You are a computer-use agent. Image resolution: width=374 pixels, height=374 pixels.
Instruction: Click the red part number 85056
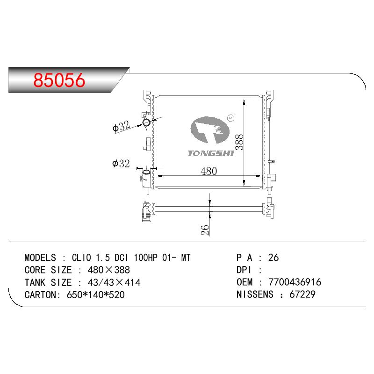[x=59, y=80]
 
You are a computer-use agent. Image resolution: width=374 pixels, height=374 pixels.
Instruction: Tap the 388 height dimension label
[x=239, y=142]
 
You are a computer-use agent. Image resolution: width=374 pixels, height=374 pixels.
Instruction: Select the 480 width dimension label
[x=209, y=171]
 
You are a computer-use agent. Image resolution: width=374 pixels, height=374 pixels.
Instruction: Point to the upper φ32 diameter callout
[x=121, y=126]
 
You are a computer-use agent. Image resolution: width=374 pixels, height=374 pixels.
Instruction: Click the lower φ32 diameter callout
[x=121, y=164]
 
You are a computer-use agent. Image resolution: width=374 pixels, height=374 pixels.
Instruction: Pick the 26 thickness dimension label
[x=205, y=230]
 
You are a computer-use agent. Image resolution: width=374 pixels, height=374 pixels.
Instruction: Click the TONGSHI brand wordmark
[x=211, y=153]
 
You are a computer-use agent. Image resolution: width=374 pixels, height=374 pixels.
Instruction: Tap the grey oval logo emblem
[x=210, y=130]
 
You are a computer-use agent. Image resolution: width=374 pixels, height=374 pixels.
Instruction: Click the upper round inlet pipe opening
[x=146, y=122]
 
